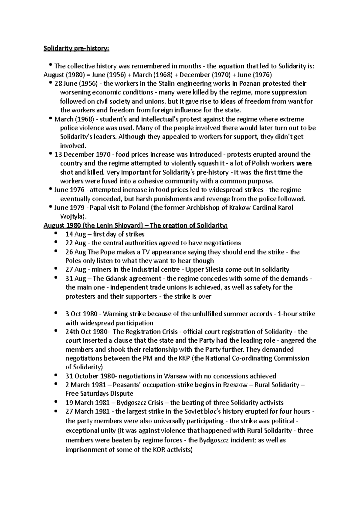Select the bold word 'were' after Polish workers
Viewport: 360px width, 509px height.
pyautogui.click(x=304, y=164)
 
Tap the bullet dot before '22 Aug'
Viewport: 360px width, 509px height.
pyautogui.click(x=56, y=242)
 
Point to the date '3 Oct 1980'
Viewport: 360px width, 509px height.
pyautogui.click(x=81, y=314)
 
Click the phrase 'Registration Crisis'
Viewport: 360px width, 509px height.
pyautogui.click(x=145, y=332)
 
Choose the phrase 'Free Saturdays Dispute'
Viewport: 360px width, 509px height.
pyautogui.click(x=99, y=394)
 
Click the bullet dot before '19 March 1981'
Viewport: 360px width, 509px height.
pyautogui.click(x=56, y=402)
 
